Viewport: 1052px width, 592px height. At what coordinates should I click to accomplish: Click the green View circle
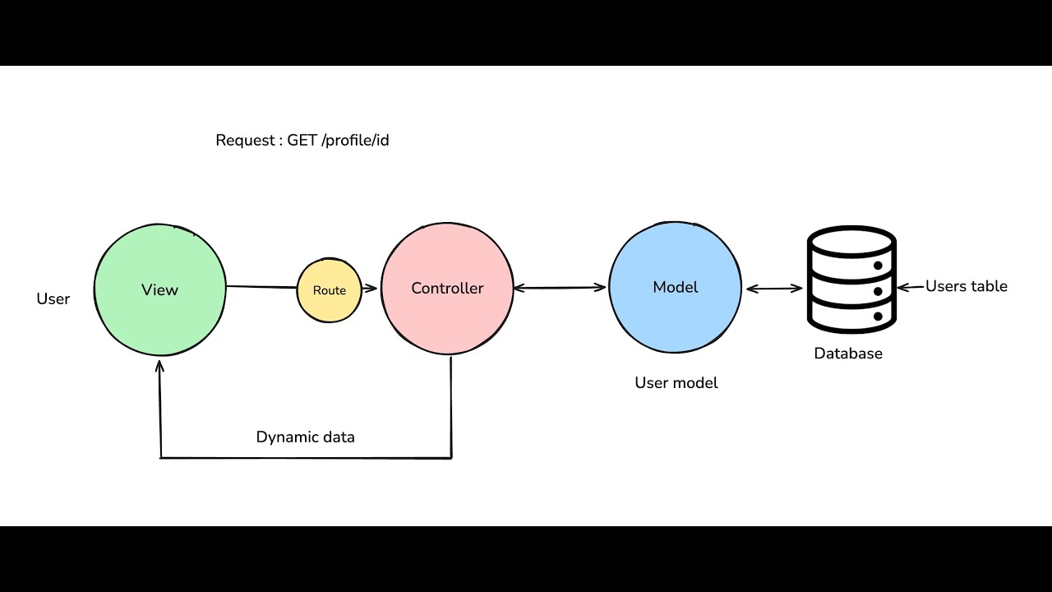pyautogui.click(x=159, y=289)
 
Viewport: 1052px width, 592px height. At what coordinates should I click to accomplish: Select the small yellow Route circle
pyautogui.click(x=329, y=290)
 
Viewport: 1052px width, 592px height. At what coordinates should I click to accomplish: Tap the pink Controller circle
pyautogui.click(x=447, y=289)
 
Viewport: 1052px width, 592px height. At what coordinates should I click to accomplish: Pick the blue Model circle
pyautogui.click(x=675, y=287)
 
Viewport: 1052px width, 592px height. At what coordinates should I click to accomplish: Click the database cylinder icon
pyautogui.click(x=851, y=280)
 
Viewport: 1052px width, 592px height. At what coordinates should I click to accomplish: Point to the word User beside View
pyautogui.click(x=53, y=299)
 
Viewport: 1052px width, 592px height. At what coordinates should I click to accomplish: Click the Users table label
pyautogui.click(x=966, y=286)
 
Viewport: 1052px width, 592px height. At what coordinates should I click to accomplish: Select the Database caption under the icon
pyautogui.click(x=848, y=354)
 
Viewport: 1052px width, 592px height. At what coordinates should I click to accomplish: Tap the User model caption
pyautogui.click(x=676, y=383)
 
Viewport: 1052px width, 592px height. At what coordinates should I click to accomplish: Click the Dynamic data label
pyautogui.click(x=305, y=437)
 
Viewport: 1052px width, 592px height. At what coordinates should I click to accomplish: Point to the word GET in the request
pyautogui.click(x=302, y=141)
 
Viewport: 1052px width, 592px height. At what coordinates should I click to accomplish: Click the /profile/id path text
pyautogui.click(x=356, y=141)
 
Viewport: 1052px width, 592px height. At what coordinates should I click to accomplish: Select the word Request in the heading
pyautogui.click(x=244, y=141)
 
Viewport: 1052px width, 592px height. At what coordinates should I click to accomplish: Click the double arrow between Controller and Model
pyautogui.click(x=561, y=288)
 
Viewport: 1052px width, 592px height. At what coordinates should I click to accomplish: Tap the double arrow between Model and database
pyautogui.click(x=773, y=288)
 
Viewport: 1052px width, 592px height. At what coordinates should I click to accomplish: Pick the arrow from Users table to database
pyautogui.click(x=911, y=287)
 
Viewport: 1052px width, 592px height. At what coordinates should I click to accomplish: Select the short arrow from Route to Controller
pyautogui.click(x=369, y=289)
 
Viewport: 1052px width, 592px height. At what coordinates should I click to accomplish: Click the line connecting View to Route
pyautogui.click(x=261, y=287)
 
